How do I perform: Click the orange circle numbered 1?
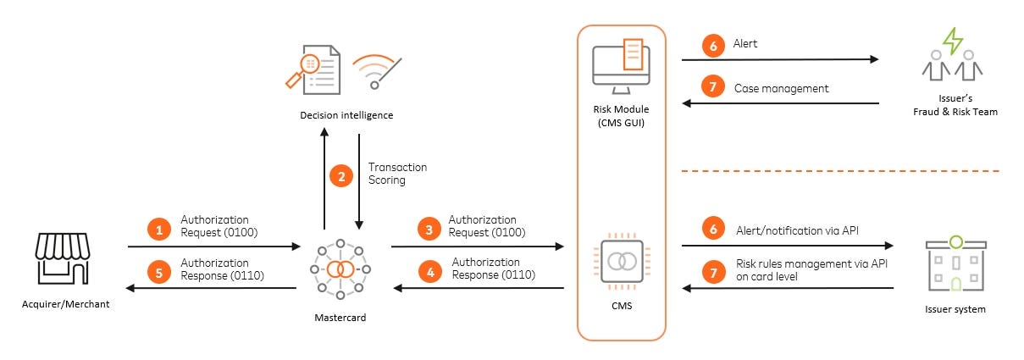[158, 228]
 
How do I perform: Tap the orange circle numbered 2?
[340, 177]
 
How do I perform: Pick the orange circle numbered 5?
[158, 272]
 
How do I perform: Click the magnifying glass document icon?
[313, 68]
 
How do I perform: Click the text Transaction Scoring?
[397, 174]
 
